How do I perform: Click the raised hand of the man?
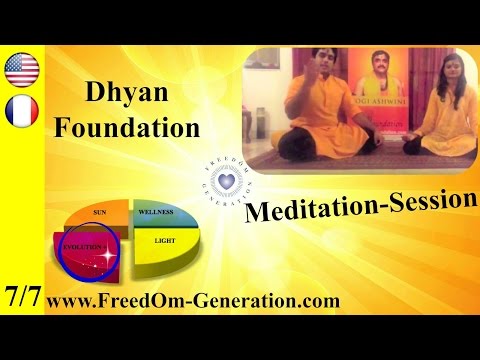(x=306, y=74)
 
